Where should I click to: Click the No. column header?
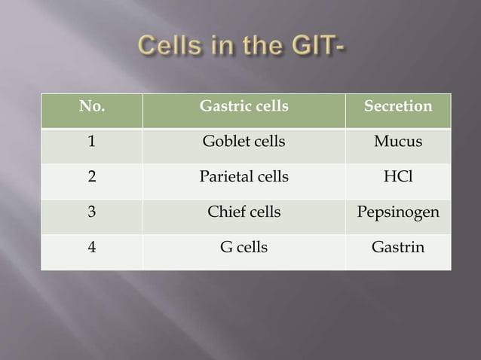coord(92,106)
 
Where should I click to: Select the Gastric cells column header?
coord(244,106)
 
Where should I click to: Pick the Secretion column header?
coord(398,106)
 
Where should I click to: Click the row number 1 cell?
coord(92,142)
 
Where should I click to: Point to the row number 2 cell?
coord(92,177)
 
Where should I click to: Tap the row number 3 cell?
coord(92,212)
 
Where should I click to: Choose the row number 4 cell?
coord(92,247)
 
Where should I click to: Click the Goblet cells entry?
coord(244,142)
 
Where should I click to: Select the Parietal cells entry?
coord(244,177)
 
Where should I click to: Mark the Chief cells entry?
coord(244,212)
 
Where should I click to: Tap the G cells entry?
coord(244,247)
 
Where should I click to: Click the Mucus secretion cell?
coord(398,142)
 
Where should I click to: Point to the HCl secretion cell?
coord(398,177)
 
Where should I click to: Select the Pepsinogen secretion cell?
coord(398,212)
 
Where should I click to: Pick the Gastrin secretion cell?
coord(398,247)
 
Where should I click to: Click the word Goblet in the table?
coord(225,142)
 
